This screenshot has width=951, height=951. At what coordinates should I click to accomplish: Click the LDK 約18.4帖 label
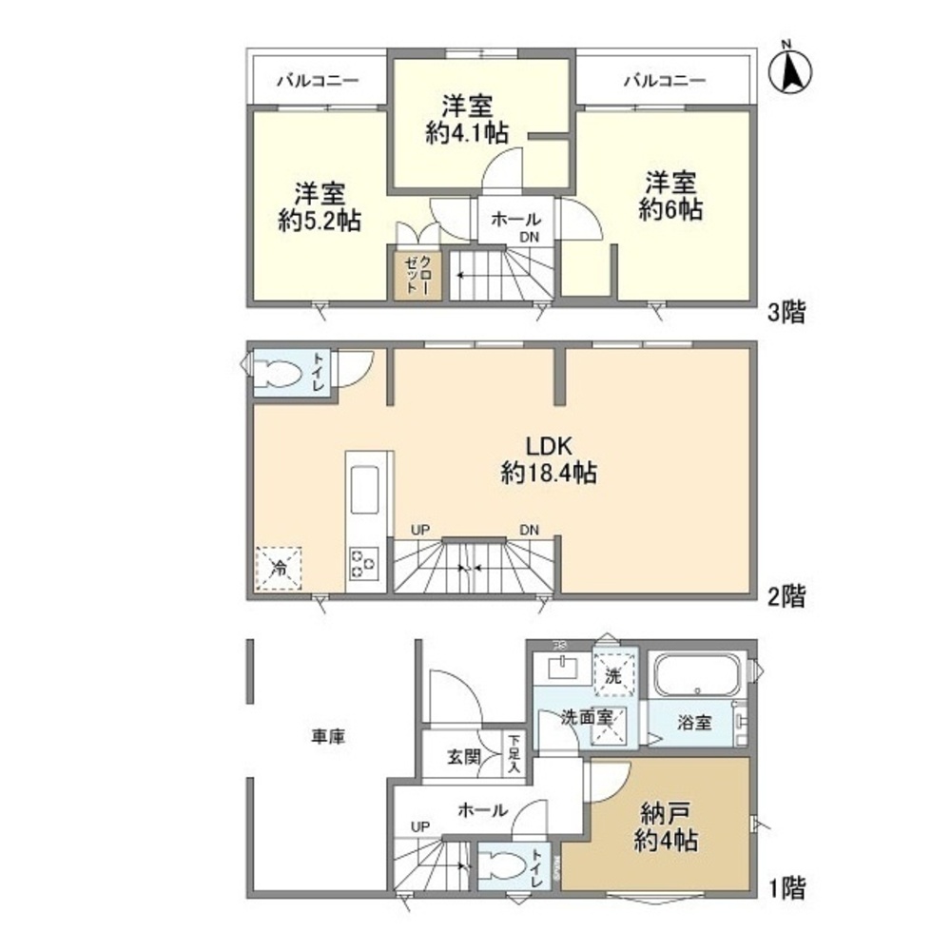click(x=549, y=459)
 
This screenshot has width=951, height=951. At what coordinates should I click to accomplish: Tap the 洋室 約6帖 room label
click(x=670, y=196)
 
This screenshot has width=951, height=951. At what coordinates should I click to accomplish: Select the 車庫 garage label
click(x=327, y=736)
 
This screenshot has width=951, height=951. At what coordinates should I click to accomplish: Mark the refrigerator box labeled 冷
click(x=280, y=569)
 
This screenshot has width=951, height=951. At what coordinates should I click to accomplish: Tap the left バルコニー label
click(x=317, y=81)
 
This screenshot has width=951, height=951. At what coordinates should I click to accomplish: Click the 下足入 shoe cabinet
click(x=514, y=753)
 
